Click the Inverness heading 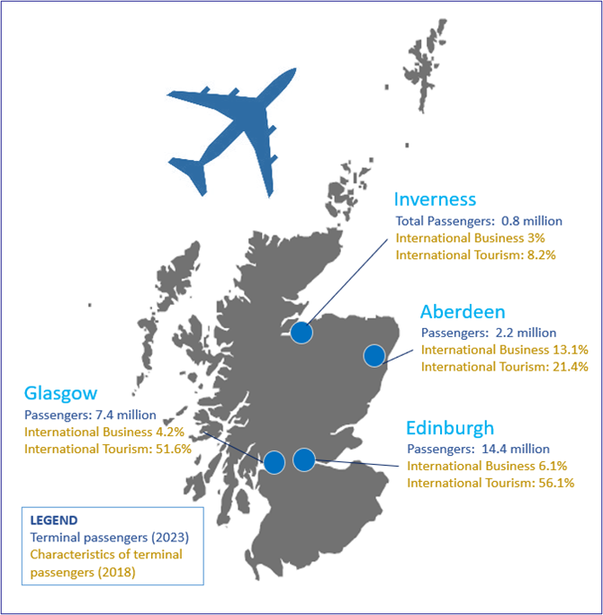[x=436, y=199]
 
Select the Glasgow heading [x=60, y=394]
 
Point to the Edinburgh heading [x=449, y=427]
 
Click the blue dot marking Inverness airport [x=301, y=334]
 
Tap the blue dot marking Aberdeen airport [x=374, y=356]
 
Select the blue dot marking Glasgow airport [x=274, y=462]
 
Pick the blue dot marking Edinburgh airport [x=304, y=459]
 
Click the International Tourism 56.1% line [x=490, y=483]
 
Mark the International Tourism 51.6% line [x=108, y=449]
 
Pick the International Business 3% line [x=471, y=237]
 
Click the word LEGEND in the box [x=54, y=520]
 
